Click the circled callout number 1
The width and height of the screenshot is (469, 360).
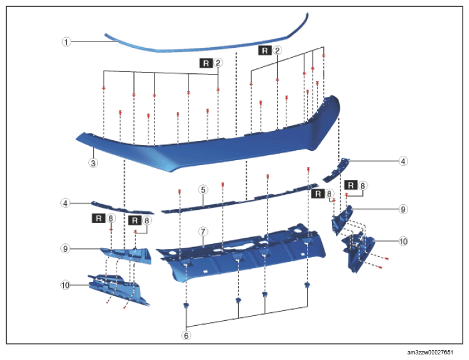coord(66,42)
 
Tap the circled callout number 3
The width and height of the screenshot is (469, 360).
coord(93,163)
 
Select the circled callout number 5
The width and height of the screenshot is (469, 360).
coord(203,189)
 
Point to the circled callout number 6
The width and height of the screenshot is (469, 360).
coord(186,335)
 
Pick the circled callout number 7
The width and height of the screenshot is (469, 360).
coord(203,232)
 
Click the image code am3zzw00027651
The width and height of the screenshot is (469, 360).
coord(430,352)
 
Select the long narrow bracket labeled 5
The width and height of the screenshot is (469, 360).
coord(239,200)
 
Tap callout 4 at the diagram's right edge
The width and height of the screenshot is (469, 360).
coord(403,161)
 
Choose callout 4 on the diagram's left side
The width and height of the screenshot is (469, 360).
coord(66,203)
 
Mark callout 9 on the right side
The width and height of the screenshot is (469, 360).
coord(403,209)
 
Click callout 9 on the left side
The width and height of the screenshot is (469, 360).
coord(66,248)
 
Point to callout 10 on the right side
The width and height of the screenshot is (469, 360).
coord(403,241)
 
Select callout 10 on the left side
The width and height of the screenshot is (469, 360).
coord(66,285)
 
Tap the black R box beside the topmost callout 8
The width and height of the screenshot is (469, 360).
coord(351,185)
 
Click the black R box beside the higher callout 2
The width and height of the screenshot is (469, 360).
coord(265,50)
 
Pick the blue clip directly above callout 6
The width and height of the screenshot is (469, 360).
coord(186,305)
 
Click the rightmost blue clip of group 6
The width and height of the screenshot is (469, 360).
coord(307,285)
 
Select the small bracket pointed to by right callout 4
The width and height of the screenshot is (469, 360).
coord(336,170)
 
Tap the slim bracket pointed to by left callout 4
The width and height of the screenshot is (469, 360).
coord(123,208)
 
